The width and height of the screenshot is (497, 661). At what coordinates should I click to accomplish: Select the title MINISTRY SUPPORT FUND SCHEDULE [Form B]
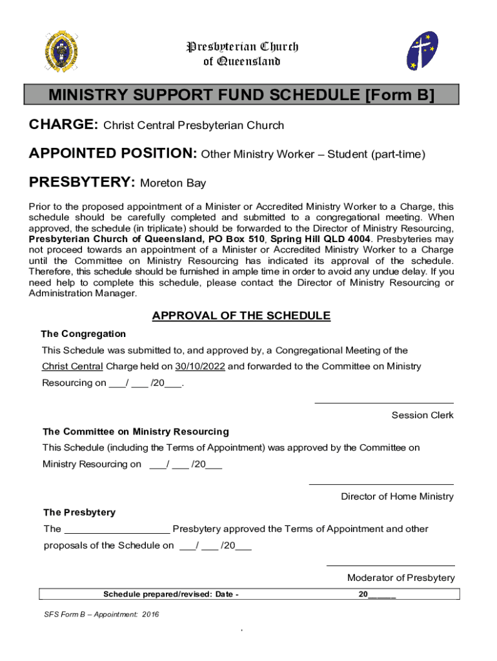[x=241, y=96]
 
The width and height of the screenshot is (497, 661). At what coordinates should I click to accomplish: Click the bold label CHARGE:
[x=63, y=125]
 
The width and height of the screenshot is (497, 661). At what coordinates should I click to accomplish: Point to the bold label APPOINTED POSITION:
[x=113, y=154]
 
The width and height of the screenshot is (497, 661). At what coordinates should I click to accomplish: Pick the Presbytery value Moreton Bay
[x=173, y=183]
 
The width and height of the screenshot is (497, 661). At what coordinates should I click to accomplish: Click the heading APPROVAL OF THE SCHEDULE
[x=241, y=316]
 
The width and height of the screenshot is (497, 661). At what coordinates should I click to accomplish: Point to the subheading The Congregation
[x=83, y=334]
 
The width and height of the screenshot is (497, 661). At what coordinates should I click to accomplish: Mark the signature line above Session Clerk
[x=383, y=403]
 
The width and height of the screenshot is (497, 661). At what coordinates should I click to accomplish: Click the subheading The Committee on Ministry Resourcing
[x=136, y=431]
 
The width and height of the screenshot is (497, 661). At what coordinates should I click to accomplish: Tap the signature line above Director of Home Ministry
[x=381, y=484]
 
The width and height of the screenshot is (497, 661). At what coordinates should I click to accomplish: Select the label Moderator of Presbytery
[x=400, y=578]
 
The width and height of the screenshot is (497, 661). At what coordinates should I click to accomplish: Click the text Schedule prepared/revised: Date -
[x=171, y=595]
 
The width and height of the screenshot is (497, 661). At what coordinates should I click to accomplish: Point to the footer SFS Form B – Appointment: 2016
[x=97, y=615]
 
